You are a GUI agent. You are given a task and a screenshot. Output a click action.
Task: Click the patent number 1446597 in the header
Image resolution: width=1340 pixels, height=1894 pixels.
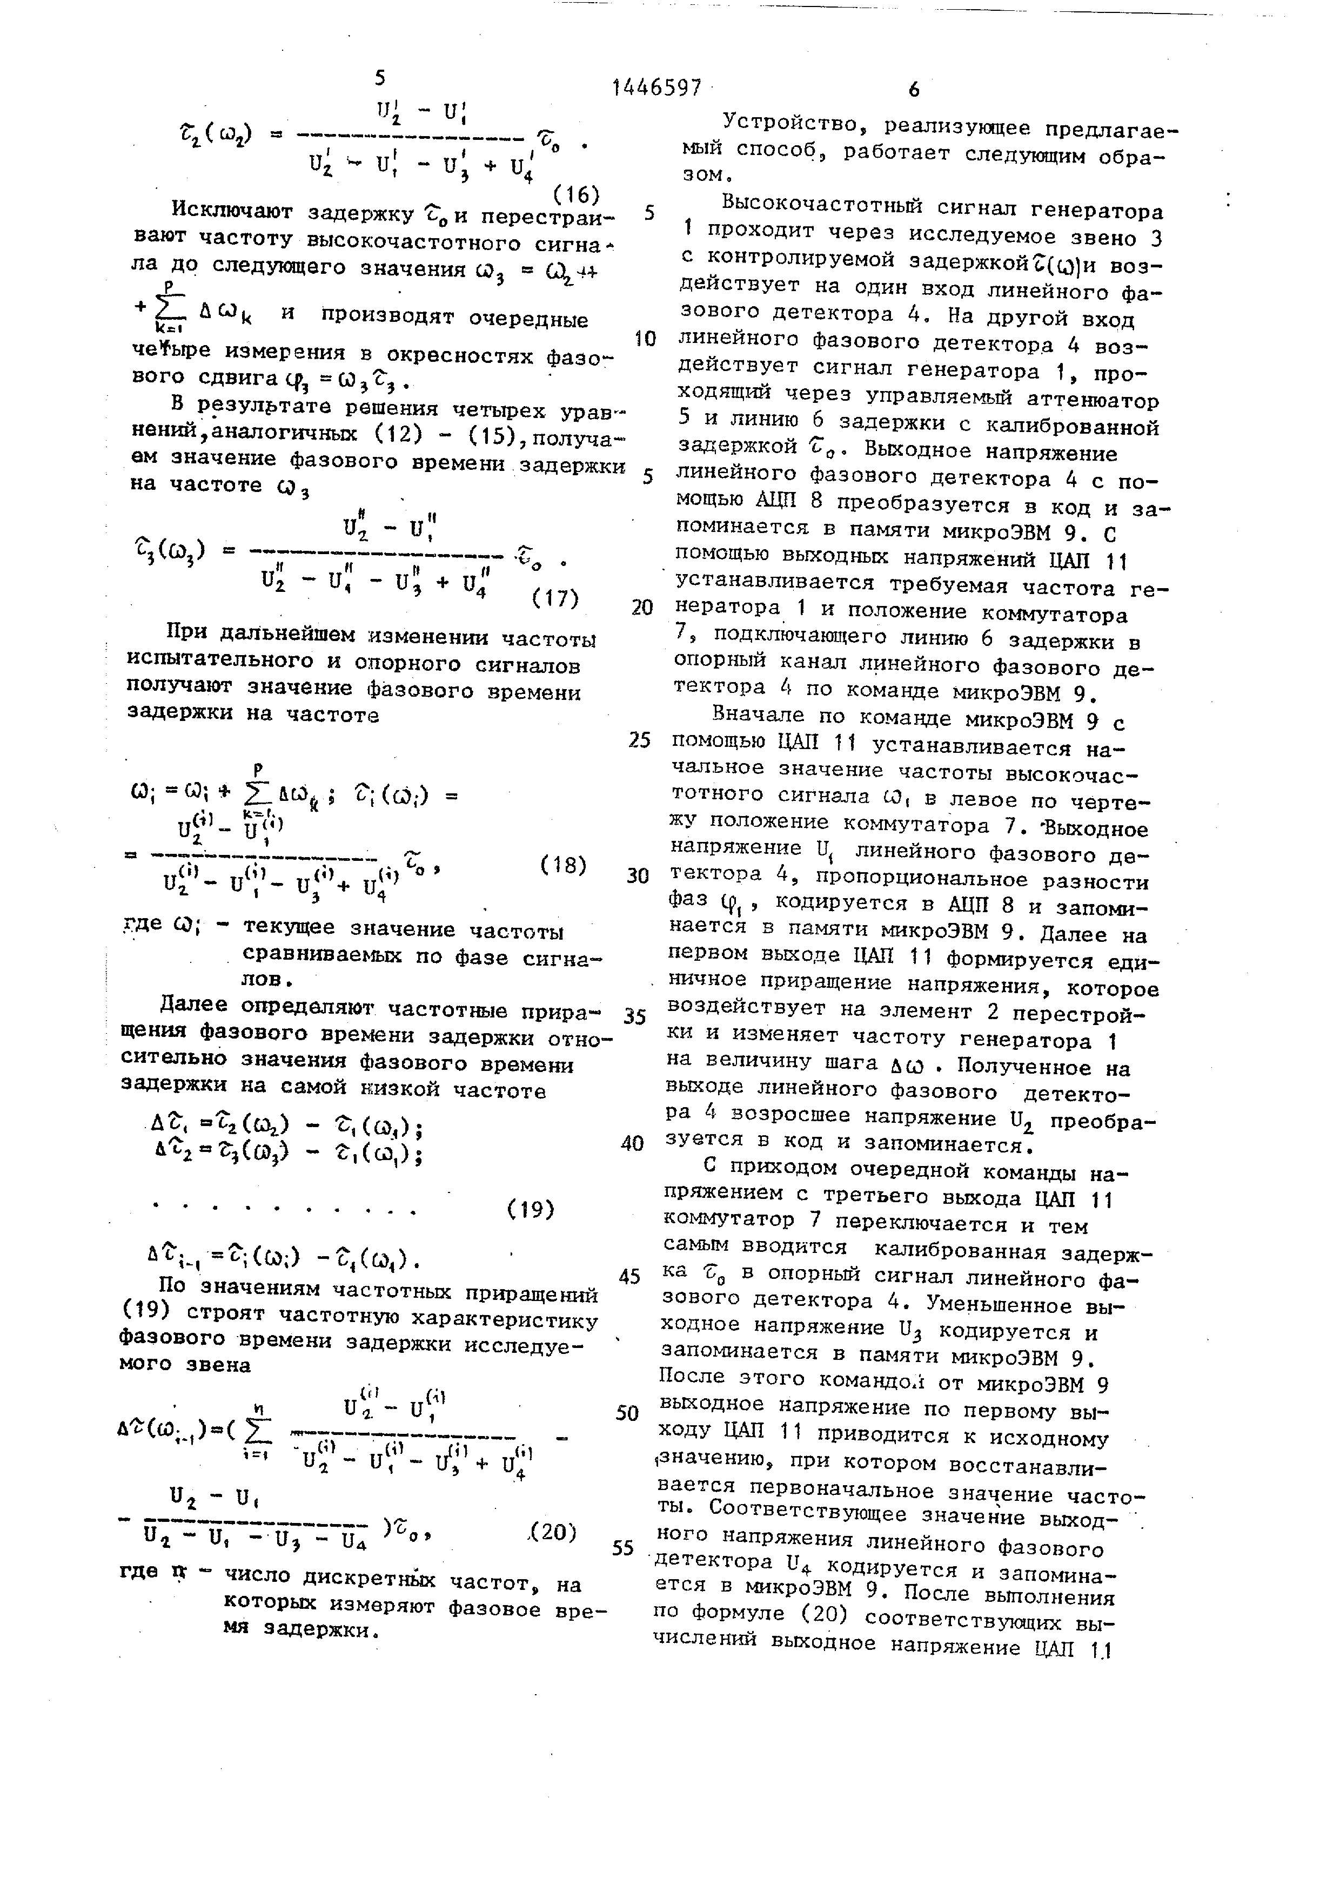(x=657, y=86)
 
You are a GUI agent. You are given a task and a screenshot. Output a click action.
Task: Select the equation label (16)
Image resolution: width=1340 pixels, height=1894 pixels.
(x=576, y=194)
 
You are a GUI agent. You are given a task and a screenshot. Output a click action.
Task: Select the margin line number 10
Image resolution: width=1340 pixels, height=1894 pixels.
(x=645, y=339)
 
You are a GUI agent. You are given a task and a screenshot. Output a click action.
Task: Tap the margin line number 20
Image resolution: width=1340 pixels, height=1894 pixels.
(x=642, y=608)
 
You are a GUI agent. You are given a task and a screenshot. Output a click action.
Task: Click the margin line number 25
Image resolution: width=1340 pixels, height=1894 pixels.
(x=640, y=740)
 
